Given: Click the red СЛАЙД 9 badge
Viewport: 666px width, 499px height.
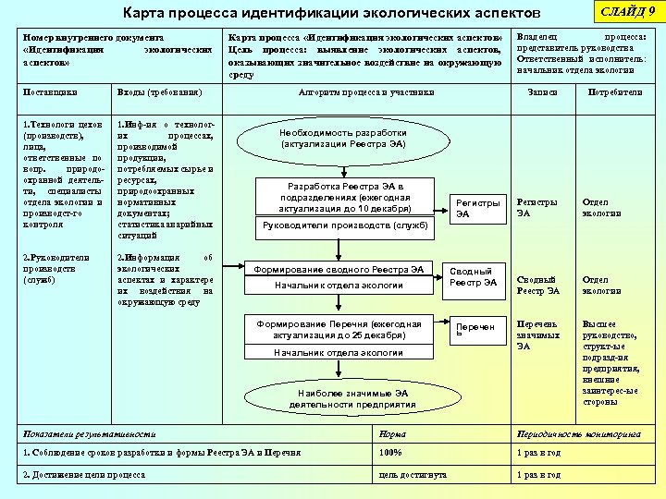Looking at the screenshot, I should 627,11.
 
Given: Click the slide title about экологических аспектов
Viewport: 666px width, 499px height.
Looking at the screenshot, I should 331,14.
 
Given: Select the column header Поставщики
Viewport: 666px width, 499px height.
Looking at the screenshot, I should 50,92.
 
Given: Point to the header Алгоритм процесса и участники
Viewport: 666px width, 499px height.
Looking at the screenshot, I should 366,92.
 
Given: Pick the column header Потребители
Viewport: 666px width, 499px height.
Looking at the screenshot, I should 615,92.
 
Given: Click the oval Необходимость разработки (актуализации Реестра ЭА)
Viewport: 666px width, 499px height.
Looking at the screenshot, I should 343,140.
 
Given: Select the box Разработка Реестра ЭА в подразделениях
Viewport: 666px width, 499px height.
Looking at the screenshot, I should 345,197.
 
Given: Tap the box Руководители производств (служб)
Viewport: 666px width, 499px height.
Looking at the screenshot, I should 345,225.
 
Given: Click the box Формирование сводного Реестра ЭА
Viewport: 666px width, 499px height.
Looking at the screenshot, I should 339,270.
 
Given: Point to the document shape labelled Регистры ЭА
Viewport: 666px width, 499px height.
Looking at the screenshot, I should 477,208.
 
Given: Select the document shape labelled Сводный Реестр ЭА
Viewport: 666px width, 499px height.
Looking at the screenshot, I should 473,277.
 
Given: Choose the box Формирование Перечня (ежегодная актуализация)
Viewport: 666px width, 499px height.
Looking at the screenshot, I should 339,329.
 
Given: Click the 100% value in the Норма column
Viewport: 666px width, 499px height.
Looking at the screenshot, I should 391,453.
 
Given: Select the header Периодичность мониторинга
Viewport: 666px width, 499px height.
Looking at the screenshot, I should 579,433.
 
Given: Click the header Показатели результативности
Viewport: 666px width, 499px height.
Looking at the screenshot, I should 89,433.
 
